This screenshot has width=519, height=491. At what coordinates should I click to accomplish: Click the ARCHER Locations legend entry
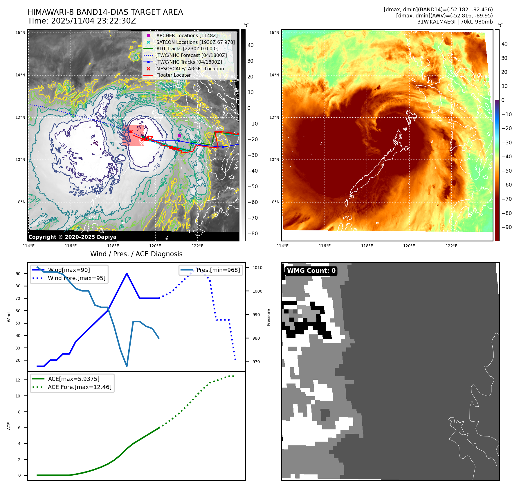click(187, 35)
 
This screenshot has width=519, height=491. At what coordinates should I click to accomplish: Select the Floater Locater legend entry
click(173, 75)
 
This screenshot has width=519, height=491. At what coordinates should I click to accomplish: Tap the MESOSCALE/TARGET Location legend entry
click(190, 69)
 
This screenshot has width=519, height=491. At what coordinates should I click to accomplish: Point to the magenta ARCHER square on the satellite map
click(179, 136)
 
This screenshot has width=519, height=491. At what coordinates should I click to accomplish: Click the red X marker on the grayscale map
click(131, 132)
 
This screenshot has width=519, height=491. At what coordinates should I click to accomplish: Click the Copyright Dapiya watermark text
click(72, 237)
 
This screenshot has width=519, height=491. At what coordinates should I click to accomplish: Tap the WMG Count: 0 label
click(311, 271)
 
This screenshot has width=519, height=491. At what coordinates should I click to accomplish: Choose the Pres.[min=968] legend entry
click(218, 270)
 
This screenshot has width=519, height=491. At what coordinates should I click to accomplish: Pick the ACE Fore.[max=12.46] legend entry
click(79, 387)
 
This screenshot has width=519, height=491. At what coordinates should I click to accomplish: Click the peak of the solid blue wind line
click(127, 273)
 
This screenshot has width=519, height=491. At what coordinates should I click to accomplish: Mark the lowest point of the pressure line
click(127, 366)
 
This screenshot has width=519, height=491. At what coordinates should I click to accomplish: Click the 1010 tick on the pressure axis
click(257, 268)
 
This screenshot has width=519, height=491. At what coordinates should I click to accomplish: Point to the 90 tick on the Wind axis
click(18, 274)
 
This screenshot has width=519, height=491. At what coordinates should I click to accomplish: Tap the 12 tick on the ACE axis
click(18, 380)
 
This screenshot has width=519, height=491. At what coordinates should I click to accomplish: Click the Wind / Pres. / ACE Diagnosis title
click(136, 254)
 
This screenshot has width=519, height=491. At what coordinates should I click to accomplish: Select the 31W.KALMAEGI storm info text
click(455, 22)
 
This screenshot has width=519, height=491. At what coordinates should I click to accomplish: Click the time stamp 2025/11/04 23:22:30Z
click(93, 21)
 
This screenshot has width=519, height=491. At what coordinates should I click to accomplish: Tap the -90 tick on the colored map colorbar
click(507, 227)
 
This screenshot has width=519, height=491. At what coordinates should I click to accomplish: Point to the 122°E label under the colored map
click(451, 246)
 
